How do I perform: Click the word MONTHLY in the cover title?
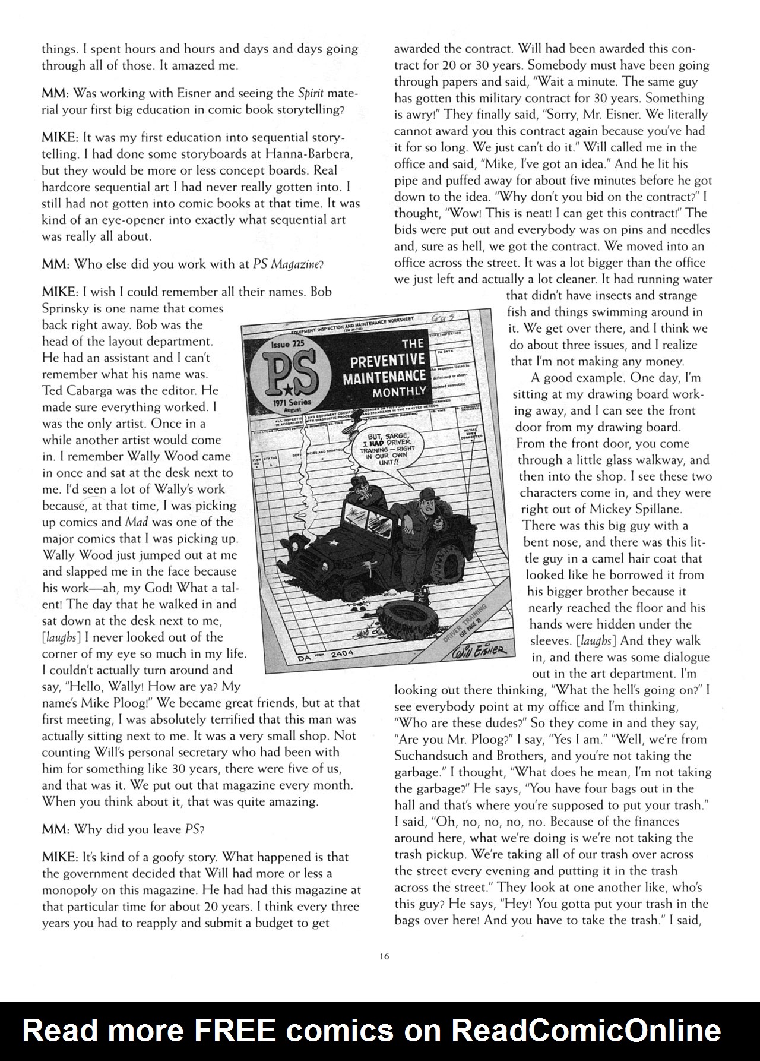tap(399, 392)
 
